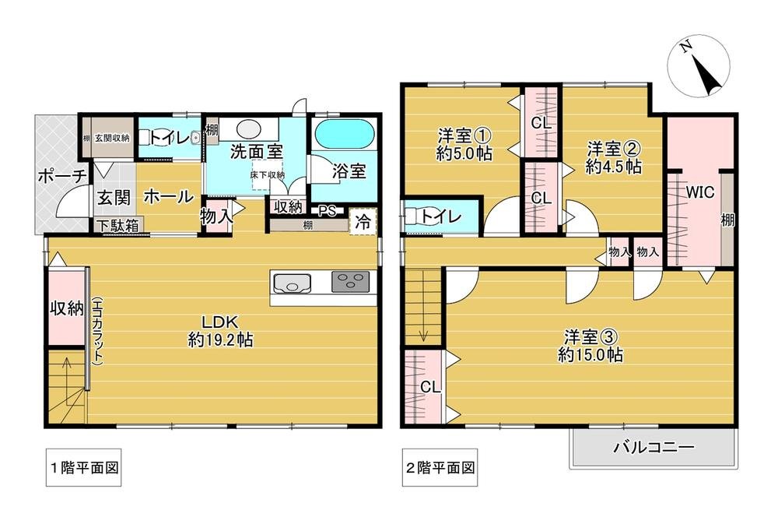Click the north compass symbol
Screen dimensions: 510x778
coord(699,68)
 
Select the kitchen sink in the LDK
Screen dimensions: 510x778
coord(292,282)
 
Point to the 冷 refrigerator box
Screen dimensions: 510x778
coord(363,220)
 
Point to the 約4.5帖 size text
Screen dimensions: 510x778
coord(615,167)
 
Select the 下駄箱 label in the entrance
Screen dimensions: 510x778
coord(118,227)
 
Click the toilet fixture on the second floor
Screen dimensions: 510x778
coord(424,217)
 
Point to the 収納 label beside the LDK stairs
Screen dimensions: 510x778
coord(67,308)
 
